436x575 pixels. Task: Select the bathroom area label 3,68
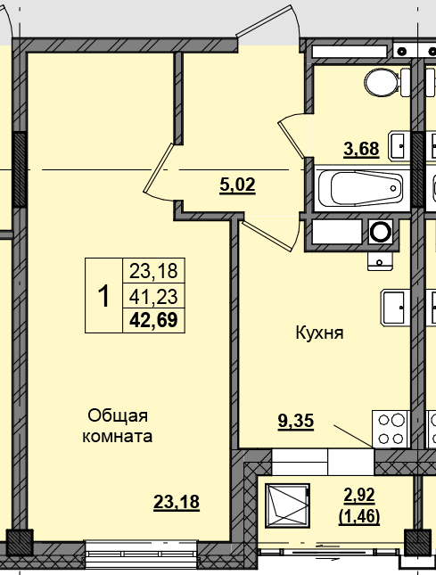click(x=361, y=149)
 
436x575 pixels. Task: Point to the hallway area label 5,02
click(x=237, y=185)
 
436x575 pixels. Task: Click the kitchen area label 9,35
click(x=295, y=422)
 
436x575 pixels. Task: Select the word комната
click(x=117, y=437)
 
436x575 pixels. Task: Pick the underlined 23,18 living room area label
click(x=176, y=502)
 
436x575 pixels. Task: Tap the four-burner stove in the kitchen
click(x=390, y=428)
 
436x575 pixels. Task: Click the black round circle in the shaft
click(x=382, y=233)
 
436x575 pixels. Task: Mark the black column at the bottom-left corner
click(x=19, y=541)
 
